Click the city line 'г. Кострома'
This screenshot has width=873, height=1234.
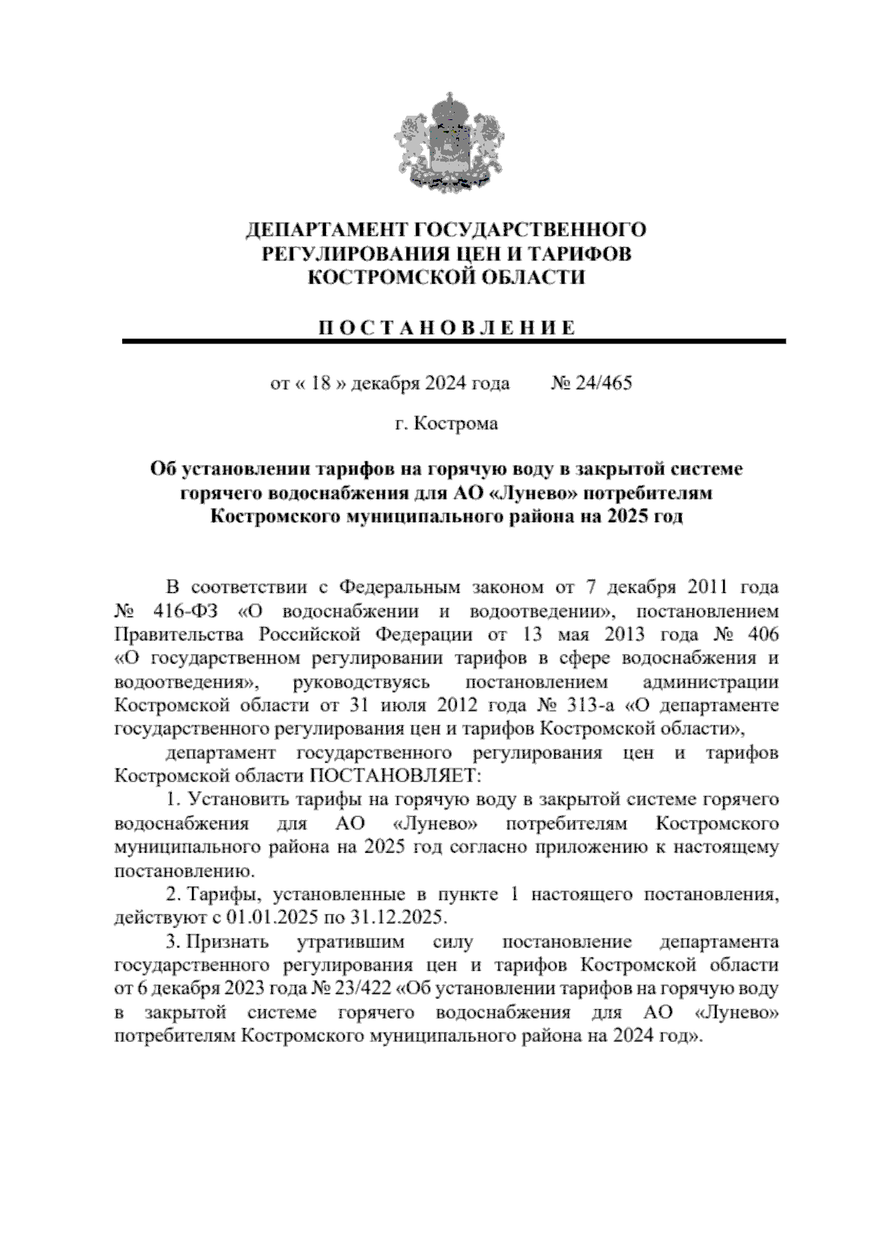(447, 423)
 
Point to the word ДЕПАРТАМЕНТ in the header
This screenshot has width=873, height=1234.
(326, 231)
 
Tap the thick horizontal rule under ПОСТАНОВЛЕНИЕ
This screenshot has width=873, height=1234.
(454, 341)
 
